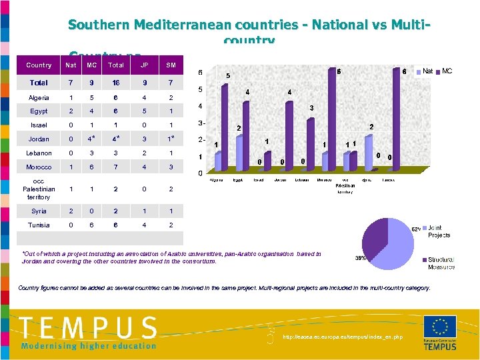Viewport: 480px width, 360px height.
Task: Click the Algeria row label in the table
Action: click(39, 98)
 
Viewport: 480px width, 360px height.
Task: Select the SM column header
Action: click(171, 65)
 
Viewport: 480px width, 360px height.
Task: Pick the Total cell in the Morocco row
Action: click(116, 167)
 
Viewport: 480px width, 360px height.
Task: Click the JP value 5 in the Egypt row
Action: click(144, 111)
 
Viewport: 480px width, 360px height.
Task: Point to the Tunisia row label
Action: click(39, 225)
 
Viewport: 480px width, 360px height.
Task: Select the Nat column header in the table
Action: click(71, 65)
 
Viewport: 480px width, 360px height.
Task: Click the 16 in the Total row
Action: click(116, 83)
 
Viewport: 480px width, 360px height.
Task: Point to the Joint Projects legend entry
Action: click(439, 231)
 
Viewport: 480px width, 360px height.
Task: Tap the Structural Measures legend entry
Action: click(440, 263)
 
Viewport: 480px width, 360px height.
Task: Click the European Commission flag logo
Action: click(440, 327)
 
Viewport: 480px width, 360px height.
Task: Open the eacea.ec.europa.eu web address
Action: click(343, 337)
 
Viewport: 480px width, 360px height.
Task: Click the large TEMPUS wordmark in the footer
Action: click(88, 328)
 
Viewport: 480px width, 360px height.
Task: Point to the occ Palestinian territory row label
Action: click(39, 189)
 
